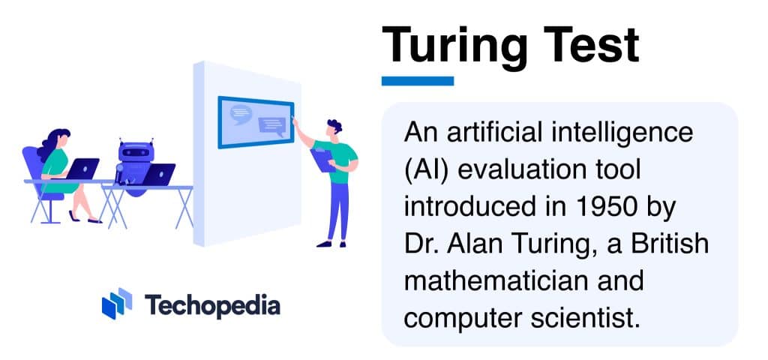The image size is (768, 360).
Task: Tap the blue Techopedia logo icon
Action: point(116,303)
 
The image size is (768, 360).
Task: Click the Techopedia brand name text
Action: point(212,305)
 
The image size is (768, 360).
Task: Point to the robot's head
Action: point(134,152)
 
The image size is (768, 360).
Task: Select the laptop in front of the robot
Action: point(158,174)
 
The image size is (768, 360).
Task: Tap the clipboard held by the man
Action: point(322,160)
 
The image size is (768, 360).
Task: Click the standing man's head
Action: point(334,127)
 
